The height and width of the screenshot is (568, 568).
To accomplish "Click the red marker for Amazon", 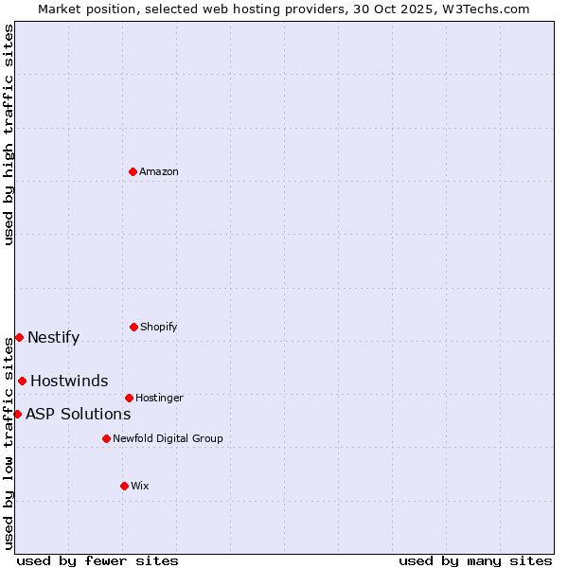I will pyautogui.click(x=133, y=171).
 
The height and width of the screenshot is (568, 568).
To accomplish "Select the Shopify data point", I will pyautogui.click(x=133, y=327).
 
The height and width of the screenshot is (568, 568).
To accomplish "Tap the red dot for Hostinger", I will pyautogui.click(x=129, y=398).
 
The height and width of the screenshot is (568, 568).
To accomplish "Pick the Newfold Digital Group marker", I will pyautogui.click(x=106, y=438).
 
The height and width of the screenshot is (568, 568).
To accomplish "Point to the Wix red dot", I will pyautogui.click(x=124, y=486).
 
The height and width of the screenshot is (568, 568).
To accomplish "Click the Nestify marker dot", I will pyautogui.click(x=19, y=337).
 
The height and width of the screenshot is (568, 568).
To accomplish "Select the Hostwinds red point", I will pyautogui.click(x=22, y=381).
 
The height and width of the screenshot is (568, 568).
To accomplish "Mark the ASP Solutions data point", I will pyautogui.click(x=17, y=414).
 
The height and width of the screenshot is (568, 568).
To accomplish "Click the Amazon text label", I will pyautogui.click(x=159, y=171).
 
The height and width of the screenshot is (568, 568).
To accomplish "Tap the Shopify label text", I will pyautogui.click(x=159, y=327).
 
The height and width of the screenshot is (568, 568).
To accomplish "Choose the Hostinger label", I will pyautogui.click(x=159, y=398).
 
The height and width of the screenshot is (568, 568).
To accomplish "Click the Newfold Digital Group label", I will pyautogui.click(x=168, y=438).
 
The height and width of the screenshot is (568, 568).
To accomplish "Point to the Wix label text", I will pyautogui.click(x=140, y=486).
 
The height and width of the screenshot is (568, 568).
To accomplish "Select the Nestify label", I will pyautogui.click(x=54, y=338).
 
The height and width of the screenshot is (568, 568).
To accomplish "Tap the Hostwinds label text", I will pyautogui.click(x=69, y=382).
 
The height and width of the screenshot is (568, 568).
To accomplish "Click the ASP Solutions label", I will pyautogui.click(x=78, y=414).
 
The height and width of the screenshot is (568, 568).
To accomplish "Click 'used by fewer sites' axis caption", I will pyautogui.click(x=98, y=560).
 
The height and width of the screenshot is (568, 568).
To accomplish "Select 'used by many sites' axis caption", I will pyautogui.click(x=475, y=560).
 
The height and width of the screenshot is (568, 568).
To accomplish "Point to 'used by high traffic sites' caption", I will pyautogui.click(x=9, y=135).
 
